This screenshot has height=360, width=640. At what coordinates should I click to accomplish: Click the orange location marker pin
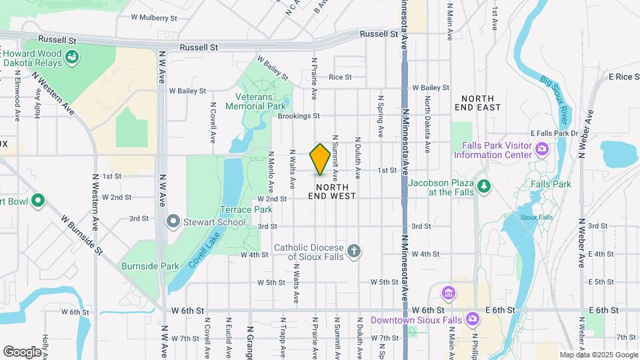click(x=320, y=159)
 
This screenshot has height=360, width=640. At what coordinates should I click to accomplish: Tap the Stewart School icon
click(x=173, y=220)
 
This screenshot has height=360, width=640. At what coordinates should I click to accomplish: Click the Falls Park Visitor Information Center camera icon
click(x=543, y=147)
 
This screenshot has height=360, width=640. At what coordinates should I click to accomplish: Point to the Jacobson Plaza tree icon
click(x=485, y=185)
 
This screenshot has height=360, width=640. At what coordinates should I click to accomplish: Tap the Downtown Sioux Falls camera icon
click(x=472, y=319)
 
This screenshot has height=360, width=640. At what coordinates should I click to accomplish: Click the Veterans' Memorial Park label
click(x=255, y=101)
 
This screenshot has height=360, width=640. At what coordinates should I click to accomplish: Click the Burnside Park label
click(x=150, y=266)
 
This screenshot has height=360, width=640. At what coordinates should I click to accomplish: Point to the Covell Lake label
click(x=204, y=250)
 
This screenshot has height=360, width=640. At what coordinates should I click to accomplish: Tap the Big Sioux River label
click(x=557, y=100)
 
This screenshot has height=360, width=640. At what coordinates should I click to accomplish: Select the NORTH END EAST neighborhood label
click(x=477, y=102)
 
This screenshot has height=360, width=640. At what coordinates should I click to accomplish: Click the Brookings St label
click(x=299, y=116)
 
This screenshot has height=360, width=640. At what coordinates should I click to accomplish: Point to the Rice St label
click(x=339, y=77)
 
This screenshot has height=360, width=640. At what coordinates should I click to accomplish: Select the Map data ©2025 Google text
click(x=598, y=355)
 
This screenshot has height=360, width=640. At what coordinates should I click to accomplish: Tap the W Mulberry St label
click(x=154, y=17)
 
